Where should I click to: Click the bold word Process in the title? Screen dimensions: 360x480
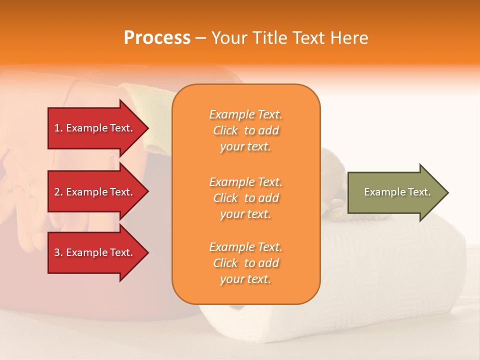157,38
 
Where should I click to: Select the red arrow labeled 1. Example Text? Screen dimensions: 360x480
95,128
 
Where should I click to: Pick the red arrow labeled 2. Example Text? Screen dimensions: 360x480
95,192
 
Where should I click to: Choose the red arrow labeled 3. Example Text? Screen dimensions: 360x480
95,252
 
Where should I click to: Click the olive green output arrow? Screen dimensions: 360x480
395,192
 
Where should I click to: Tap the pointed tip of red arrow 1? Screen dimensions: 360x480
147,128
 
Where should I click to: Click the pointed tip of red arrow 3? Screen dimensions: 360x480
147,252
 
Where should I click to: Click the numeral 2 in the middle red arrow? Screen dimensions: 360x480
57,192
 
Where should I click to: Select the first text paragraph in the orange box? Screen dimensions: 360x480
245,130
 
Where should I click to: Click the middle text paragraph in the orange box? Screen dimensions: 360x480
245,198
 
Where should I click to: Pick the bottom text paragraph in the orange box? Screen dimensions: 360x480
245,263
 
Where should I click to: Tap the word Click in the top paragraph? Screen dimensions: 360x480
225,130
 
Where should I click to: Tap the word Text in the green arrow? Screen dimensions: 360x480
419,192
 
